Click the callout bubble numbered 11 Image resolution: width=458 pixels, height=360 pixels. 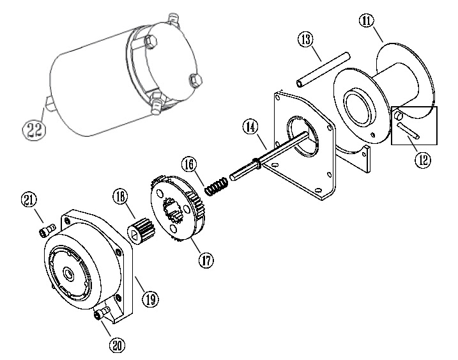coord(367,21)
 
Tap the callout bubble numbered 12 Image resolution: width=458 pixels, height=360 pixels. coord(423,160)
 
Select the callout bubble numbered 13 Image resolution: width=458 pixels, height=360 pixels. coord(305,39)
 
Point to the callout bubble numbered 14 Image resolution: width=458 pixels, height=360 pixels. coord(250,127)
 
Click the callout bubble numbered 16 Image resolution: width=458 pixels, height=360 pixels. coord(189,164)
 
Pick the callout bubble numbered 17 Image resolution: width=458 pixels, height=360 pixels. coord(206,260)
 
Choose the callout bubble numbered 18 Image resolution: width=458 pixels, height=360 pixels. coord(120,196)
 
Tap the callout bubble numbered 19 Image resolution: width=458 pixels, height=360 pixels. coord(150,299)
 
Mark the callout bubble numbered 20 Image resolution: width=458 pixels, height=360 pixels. coord(117,345)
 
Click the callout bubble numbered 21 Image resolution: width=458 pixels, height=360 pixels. coord(29,200)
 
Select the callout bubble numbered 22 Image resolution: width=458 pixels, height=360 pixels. coord(34,130)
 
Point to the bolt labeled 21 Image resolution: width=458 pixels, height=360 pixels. coord(47,230)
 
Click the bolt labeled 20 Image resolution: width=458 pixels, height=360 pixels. coord(102,312)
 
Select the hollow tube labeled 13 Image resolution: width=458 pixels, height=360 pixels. coord(323,69)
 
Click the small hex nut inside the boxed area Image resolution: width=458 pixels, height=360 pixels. coord(399,116)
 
